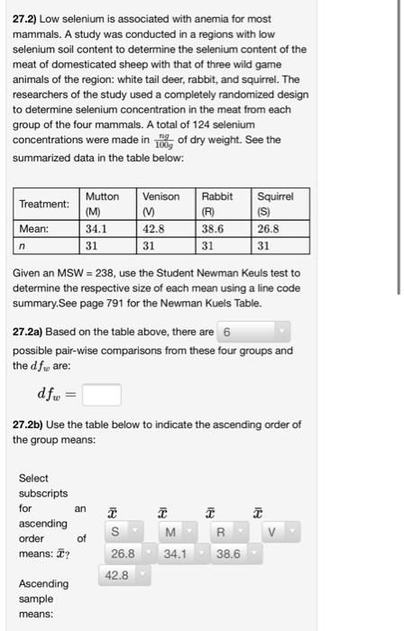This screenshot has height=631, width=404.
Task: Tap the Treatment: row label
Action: [x=46, y=204]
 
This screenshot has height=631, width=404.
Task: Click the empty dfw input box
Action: [x=104, y=395]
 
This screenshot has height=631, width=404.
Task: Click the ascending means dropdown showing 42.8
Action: [x=128, y=574]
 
